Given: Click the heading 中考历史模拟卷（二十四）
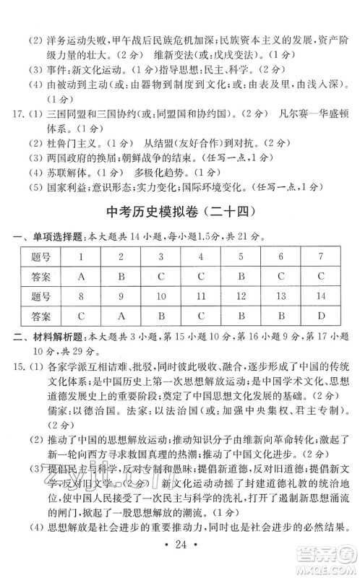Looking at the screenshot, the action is pos(180,211).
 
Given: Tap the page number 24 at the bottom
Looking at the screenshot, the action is pos(180,559).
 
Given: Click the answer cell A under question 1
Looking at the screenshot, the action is pos(82,276).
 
